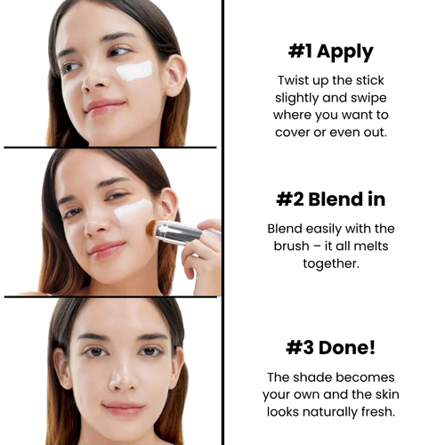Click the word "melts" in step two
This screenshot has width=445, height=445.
click(372, 245)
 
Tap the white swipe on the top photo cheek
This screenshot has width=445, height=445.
click(135, 70)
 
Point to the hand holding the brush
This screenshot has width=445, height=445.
click(203, 254)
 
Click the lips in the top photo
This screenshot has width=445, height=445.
click(103, 106)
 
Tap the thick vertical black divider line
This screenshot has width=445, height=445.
click(222, 222)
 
